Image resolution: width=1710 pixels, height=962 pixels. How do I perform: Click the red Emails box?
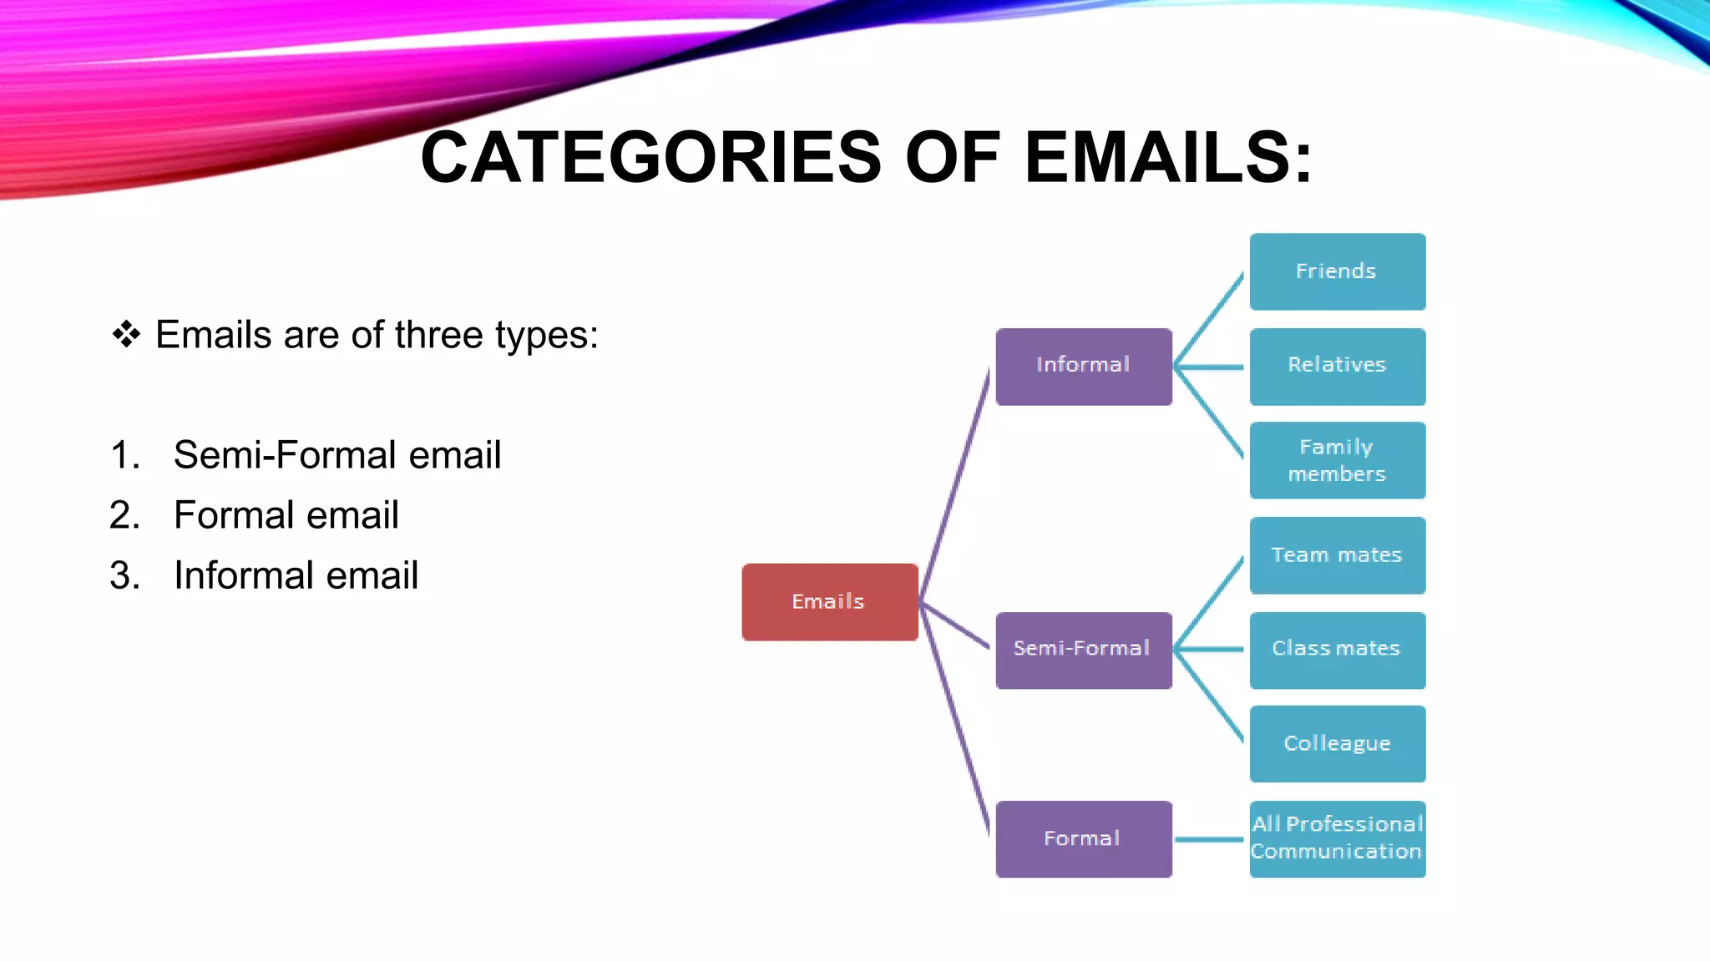(x=829, y=602)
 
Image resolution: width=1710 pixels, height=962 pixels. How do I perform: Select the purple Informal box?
(x=1083, y=367)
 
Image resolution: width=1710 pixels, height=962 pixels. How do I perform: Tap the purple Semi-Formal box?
(x=1083, y=650)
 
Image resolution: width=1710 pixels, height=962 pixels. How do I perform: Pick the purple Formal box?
(x=1083, y=838)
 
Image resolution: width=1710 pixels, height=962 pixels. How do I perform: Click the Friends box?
(x=1337, y=271)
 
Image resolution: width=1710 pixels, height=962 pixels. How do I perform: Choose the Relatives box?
(x=1337, y=367)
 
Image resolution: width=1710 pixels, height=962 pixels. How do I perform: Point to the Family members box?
(x=1337, y=460)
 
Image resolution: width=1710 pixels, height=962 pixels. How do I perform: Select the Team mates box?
(x=1337, y=555)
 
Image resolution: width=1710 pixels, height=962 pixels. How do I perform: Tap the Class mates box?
(x=1337, y=650)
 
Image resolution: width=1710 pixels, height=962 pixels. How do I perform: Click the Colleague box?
(x=1337, y=743)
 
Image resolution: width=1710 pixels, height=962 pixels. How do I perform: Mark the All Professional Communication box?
(x=1337, y=838)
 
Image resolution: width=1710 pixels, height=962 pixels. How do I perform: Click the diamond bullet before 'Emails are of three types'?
(x=126, y=335)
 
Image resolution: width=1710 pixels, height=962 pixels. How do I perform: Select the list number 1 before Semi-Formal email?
(x=124, y=456)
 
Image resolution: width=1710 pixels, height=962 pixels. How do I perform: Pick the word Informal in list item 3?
(x=243, y=575)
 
